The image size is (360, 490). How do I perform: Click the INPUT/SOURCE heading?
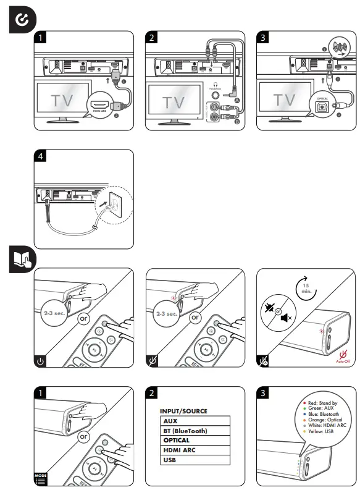(x=183, y=410)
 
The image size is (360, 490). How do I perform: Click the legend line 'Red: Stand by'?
(x=320, y=402)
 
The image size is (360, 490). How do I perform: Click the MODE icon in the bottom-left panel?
(x=40, y=477)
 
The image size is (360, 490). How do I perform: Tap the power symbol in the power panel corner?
(x=41, y=360)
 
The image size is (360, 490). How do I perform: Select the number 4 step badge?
(x=41, y=156)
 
